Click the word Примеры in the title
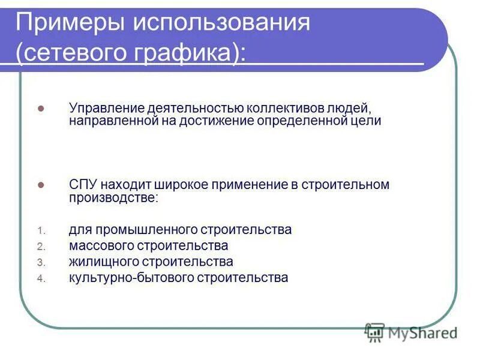pyautogui.click(x=70, y=24)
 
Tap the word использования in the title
pyautogui.click(x=221, y=24)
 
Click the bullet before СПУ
pyautogui.click(x=41, y=186)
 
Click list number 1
pyautogui.click(x=40, y=230)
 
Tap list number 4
pyautogui.click(x=40, y=279)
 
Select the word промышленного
pyautogui.click(x=143, y=230)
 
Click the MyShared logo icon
pyautogui.click(x=374, y=331)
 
